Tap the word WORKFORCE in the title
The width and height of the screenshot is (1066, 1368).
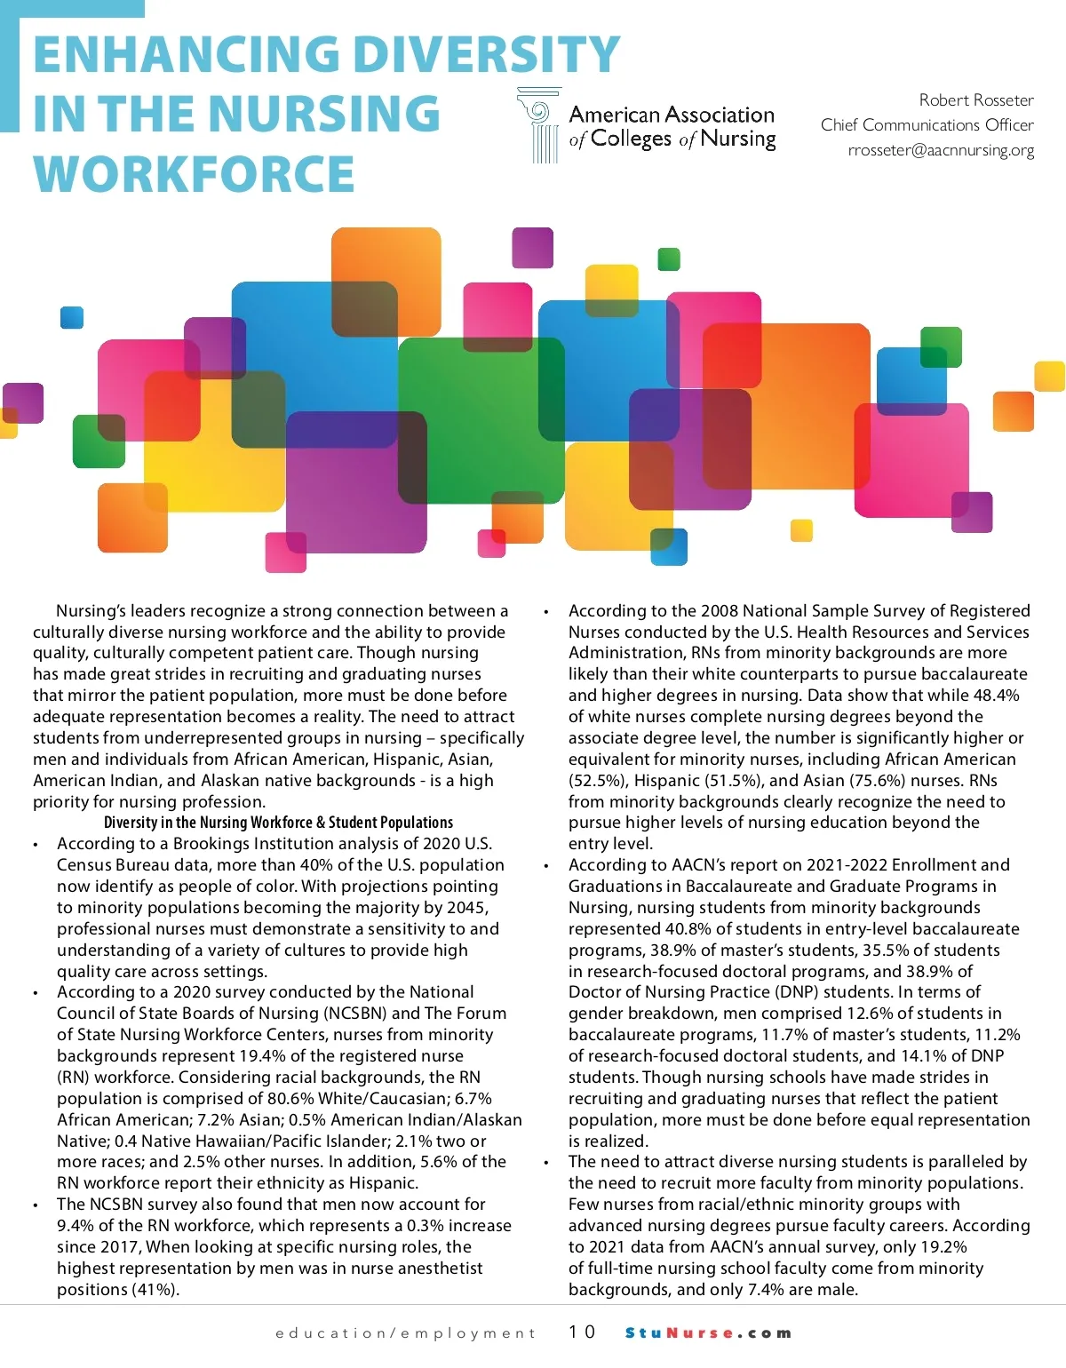click(195, 174)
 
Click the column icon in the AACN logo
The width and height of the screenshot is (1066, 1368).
click(540, 125)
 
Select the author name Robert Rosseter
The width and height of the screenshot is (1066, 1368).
click(975, 99)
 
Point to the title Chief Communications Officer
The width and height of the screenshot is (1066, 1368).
click(927, 125)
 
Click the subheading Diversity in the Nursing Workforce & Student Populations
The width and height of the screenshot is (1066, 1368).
click(278, 823)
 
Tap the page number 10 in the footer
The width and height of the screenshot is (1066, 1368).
click(582, 1332)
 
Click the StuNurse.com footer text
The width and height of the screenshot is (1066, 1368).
click(708, 1332)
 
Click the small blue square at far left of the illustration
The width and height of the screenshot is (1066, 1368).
click(71, 317)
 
